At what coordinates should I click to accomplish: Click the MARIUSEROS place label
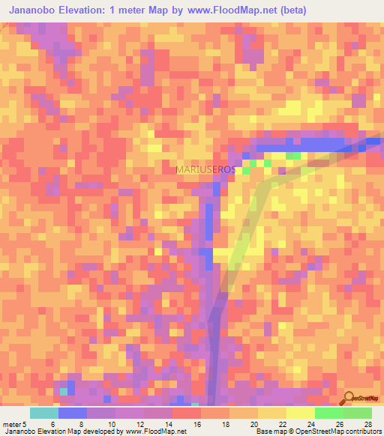point(205,170)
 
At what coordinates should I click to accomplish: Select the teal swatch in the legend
point(43,413)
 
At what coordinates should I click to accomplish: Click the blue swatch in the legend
point(72,413)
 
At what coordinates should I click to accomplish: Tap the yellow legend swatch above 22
point(271,413)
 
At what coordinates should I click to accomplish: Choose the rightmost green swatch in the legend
point(357,413)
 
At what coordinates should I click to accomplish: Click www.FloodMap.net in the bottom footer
point(157,432)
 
